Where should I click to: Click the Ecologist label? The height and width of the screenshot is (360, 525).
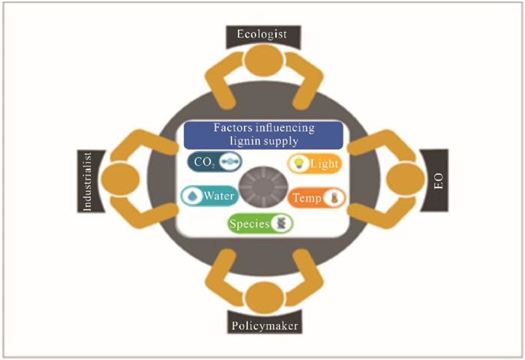click(x=262, y=34)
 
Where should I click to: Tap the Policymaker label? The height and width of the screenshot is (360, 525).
click(x=265, y=325)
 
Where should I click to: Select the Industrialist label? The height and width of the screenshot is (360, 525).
click(x=87, y=181)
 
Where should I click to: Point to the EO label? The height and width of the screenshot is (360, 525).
click(x=438, y=181)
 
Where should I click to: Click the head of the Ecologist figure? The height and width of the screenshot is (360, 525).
click(x=262, y=60)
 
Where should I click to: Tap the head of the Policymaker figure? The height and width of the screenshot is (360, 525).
click(x=263, y=298)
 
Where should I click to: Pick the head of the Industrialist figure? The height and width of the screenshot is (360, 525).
click(x=121, y=178)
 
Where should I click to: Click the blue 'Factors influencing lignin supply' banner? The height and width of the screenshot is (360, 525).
click(x=263, y=134)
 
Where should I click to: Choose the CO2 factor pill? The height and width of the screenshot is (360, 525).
click(x=214, y=162)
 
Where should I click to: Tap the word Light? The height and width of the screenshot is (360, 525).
click(x=324, y=164)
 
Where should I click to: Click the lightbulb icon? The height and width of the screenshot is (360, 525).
click(x=298, y=163)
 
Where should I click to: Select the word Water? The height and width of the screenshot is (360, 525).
click(x=219, y=195)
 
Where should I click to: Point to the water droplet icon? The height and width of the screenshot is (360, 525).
click(x=192, y=196)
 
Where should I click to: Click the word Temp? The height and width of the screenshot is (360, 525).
click(x=307, y=198)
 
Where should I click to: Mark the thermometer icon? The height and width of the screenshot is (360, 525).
click(x=333, y=198)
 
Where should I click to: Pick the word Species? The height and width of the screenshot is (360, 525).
click(x=250, y=223)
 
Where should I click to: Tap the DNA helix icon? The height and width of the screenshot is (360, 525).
click(x=281, y=223)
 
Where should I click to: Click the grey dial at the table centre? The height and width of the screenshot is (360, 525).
click(x=263, y=186)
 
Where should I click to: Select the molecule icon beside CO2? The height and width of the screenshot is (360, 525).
click(x=230, y=162)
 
